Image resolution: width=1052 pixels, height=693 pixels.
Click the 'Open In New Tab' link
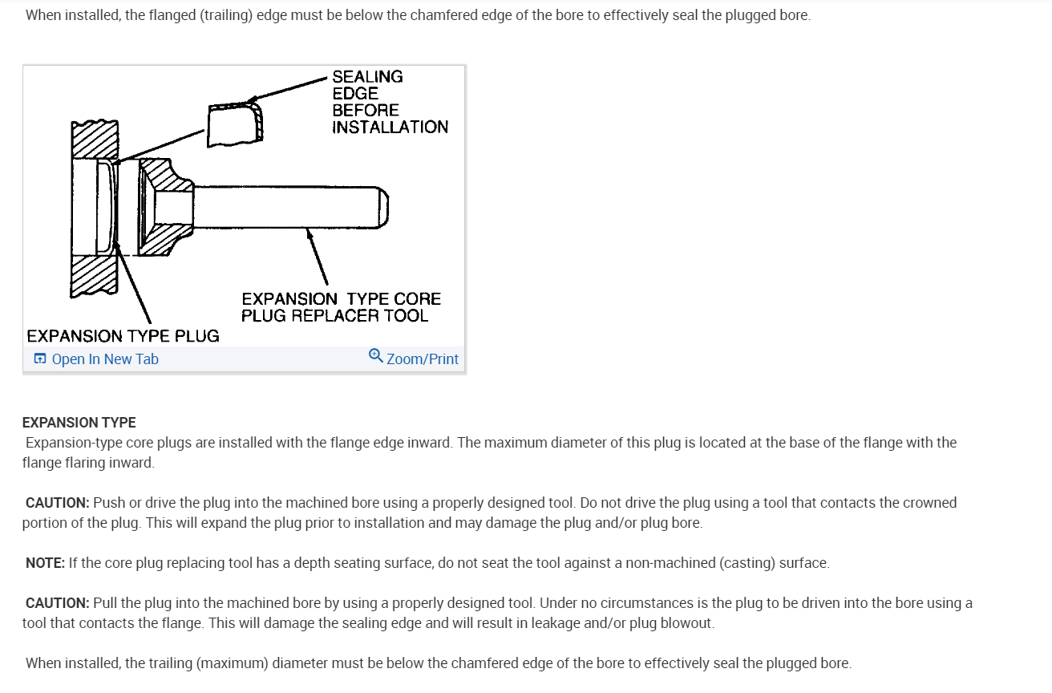coord(105,359)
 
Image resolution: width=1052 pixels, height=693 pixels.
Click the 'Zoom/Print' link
coord(423,359)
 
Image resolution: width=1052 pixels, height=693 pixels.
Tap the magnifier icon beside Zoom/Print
coord(375,355)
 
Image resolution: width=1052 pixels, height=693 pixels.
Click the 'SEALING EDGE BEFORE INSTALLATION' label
coord(390,102)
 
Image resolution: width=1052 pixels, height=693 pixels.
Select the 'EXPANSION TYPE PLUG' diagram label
coord(123,336)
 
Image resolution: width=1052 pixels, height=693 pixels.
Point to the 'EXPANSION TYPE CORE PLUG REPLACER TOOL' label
coord(341,307)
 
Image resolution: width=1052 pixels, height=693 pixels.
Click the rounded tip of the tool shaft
coord(384,206)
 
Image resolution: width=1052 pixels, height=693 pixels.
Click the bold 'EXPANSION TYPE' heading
coord(79,423)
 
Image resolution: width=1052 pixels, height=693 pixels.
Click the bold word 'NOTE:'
coord(45,563)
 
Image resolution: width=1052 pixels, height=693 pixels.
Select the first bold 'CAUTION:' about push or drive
coord(57,503)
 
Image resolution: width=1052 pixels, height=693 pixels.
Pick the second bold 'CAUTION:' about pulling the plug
coord(57,603)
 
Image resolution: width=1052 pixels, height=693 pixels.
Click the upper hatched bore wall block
coord(95,140)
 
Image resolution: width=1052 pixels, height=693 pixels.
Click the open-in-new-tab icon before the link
coord(40,359)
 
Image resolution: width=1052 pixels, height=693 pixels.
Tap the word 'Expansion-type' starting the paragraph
coord(70,443)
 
